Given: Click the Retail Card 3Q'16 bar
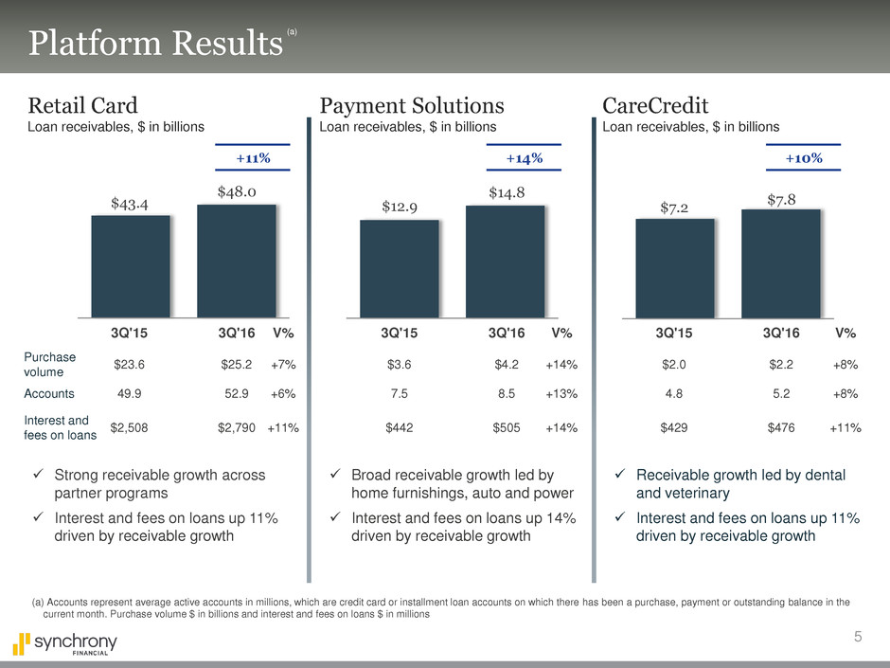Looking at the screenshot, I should [x=236, y=261].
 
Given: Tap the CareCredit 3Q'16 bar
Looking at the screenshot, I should [x=780, y=263].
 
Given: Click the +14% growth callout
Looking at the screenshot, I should [x=525, y=157].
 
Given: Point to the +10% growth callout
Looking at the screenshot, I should [x=803, y=157].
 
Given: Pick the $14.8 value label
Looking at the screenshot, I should [x=507, y=193].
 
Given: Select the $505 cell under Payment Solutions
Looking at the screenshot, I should [x=507, y=427].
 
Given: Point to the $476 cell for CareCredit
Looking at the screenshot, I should [x=780, y=427].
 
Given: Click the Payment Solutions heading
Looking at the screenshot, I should [x=412, y=104].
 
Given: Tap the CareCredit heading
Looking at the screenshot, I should [x=655, y=104].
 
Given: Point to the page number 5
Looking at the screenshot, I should [x=858, y=636].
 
